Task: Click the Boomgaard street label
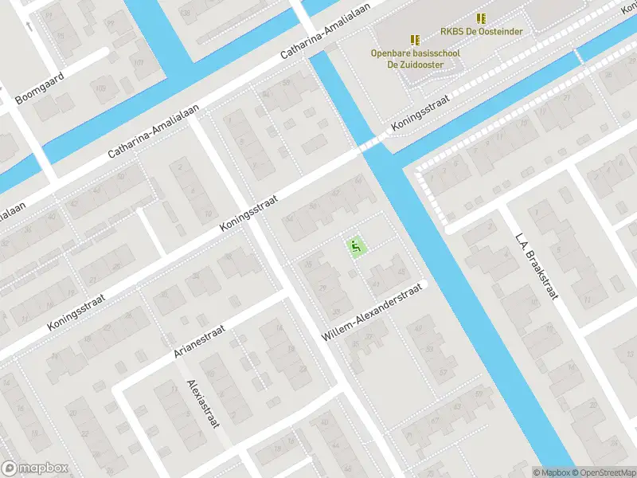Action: [39, 88]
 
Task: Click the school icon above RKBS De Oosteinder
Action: [480, 18]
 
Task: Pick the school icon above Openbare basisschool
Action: [414, 39]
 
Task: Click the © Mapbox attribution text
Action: [551, 472]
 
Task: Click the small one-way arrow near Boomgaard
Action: [29, 26]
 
